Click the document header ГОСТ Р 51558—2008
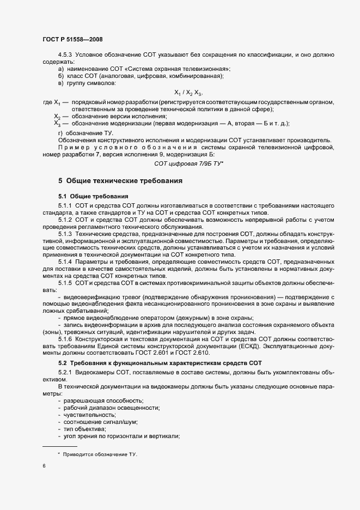pyautogui.click(x=72, y=39)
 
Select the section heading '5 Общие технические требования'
pyautogui.click(x=120, y=180)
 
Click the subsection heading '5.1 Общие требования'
pyautogui.click(x=93, y=196)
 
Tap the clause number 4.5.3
pyautogui.click(x=65, y=55)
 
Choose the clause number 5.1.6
pyautogui.click(x=65, y=339)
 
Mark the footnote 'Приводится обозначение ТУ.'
pyautogui.click(x=100, y=454)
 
